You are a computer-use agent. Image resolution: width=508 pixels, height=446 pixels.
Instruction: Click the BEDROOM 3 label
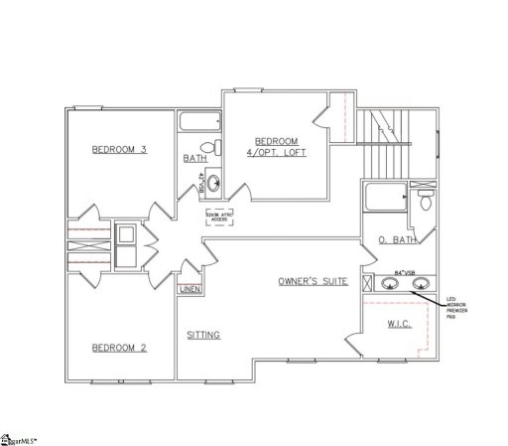click(119, 150)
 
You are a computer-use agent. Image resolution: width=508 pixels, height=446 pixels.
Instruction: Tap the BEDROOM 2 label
click(119, 347)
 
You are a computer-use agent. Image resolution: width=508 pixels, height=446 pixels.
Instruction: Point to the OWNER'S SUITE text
click(313, 282)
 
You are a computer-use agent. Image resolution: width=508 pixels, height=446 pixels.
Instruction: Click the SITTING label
click(202, 335)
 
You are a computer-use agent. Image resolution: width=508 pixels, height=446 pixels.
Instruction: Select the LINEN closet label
click(189, 290)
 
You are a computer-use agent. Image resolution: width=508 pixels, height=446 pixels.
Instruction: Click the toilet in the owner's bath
click(426, 202)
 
